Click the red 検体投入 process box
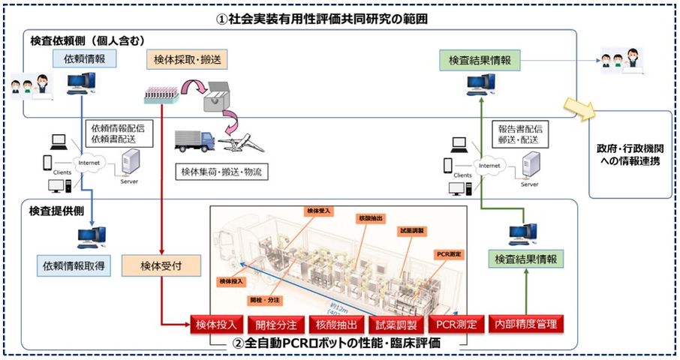click(x=217, y=325)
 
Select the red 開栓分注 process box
click(x=277, y=325)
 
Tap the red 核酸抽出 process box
click(x=337, y=325)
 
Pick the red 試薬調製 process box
click(x=396, y=325)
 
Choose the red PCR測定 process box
click(x=454, y=325)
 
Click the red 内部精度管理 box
click(x=526, y=325)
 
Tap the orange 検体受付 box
click(x=161, y=265)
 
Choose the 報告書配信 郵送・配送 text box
click(x=519, y=134)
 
